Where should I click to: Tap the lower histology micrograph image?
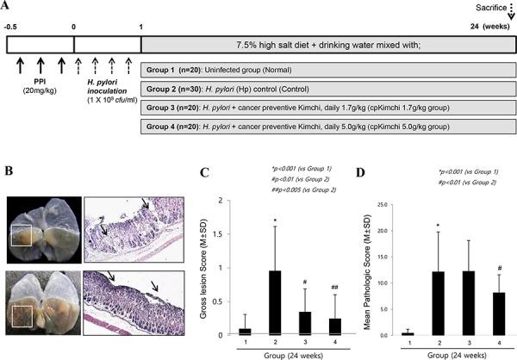point(124,301)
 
